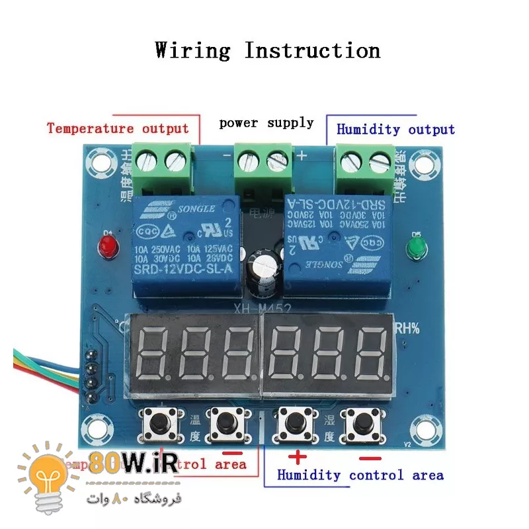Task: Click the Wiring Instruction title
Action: pos(267,50)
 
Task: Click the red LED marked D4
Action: pos(106,248)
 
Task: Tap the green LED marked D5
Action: pos(415,249)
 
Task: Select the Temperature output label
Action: pos(118,128)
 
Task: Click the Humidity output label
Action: pos(395,129)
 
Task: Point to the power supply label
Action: pos(266,122)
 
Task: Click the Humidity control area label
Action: pos(360,475)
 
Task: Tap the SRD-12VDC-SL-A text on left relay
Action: pos(184,270)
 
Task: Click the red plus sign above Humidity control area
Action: pos(298,455)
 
